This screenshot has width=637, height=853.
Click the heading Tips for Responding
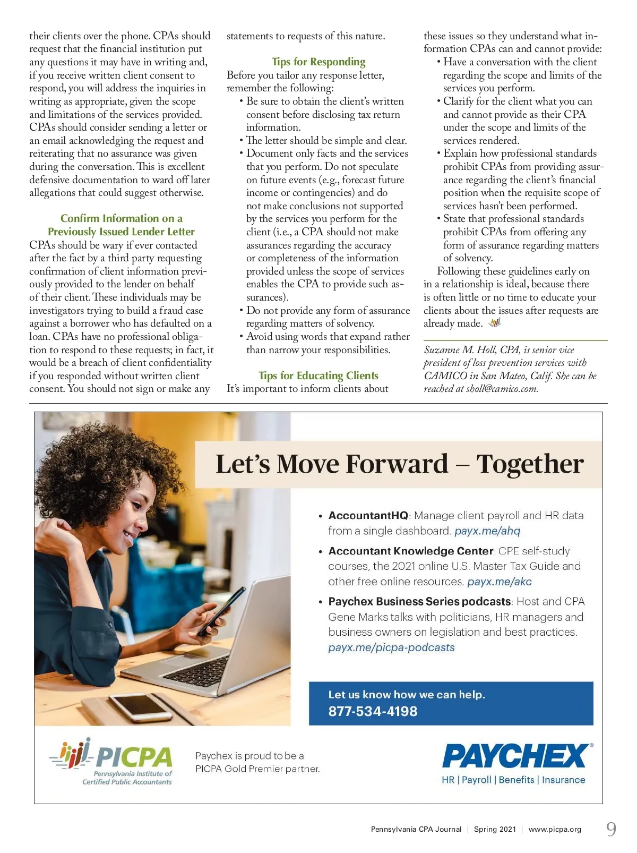point(318,62)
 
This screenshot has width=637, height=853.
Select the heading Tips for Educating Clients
point(318,376)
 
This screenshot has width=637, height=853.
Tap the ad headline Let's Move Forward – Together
point(399,464)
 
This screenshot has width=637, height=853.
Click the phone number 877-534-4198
point(373,711)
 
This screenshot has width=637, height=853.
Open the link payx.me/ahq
point(487,531)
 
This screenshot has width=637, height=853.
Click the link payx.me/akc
point(500,582)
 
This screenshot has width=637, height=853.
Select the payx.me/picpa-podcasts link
point(391,647)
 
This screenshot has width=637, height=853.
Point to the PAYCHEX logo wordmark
point(515,756)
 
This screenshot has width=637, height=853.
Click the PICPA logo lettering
point(134,757)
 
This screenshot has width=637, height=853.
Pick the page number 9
point(611,829)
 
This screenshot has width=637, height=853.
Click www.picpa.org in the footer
point(555,829)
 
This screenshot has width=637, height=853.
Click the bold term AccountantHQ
point(368,515)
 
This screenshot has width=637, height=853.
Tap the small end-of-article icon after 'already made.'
point(495,322)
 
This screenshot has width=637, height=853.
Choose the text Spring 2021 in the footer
point(495,829)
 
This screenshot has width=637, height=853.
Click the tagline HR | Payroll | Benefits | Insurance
point(513,780)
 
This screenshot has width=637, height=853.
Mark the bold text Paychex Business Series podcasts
point(419,601)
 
